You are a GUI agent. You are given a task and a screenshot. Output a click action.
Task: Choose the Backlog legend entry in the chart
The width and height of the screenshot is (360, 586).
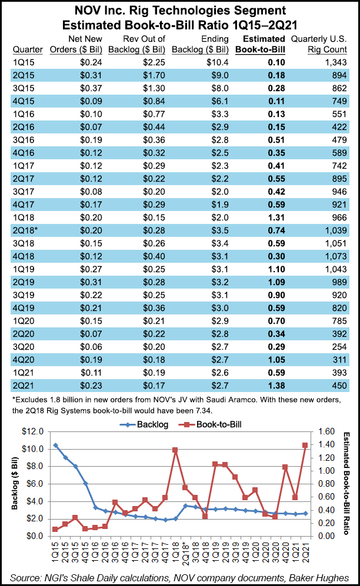(140, 423)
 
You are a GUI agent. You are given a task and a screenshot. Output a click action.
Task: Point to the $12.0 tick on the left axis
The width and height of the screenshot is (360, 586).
(35, 431)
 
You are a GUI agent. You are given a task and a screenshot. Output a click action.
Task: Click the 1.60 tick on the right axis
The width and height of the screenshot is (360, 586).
(325, 431)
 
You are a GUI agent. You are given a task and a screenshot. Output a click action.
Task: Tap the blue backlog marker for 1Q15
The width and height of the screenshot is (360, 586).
(55, 446)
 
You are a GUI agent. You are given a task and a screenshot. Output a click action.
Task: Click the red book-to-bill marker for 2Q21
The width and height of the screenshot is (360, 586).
(305, 446)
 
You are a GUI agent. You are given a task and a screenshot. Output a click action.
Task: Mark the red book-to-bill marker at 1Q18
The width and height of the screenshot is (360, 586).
(175, 450)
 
